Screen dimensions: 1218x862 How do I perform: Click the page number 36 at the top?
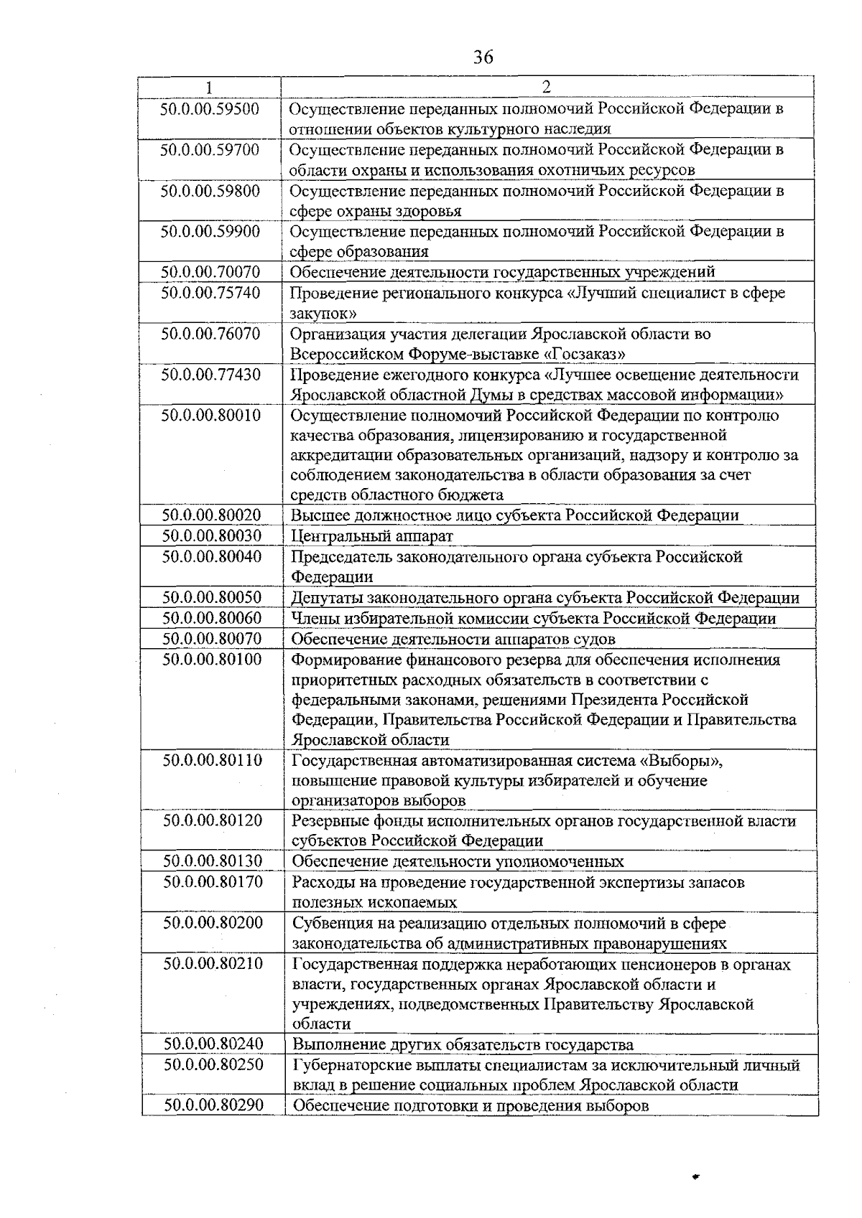coord(483,57)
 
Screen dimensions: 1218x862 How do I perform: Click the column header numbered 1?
coord(209,88)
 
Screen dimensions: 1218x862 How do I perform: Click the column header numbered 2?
coord(546,88)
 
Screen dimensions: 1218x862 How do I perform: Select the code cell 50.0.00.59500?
coord(210,109)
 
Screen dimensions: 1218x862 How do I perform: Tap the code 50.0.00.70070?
coord(210,272)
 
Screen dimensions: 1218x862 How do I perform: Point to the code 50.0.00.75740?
coord(210,293)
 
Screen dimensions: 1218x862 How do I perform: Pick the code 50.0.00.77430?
coord(210,375)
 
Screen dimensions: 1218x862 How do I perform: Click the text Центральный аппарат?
coord(372,536)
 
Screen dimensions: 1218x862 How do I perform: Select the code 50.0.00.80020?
coord(211,515)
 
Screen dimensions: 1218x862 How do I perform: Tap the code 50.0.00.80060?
coord(211,618)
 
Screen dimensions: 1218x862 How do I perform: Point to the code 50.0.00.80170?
coord(212,881)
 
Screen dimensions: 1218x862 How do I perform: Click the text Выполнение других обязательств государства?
coord(463,1044)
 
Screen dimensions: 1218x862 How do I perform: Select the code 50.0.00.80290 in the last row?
coord(213,1105)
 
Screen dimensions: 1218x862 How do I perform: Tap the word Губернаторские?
coord(348,1065)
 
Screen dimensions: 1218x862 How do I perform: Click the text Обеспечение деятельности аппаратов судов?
coord(453,639)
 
